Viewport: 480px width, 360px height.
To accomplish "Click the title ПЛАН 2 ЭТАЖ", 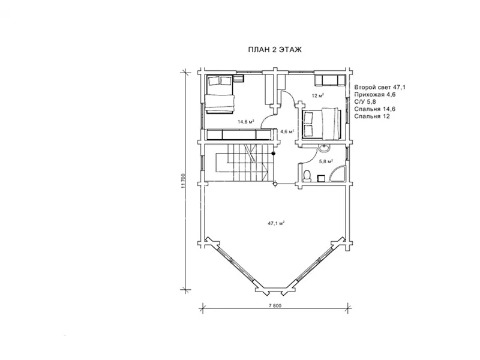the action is click(275, 50).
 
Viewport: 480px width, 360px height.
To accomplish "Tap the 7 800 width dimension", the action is click(275, 305).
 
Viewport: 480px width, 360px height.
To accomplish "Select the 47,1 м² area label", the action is click(277, 223).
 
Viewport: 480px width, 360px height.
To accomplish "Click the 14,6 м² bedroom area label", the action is click(246, 122).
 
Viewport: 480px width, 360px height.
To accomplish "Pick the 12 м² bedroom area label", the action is click(318, 95).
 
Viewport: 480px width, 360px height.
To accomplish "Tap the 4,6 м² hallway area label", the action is click(287, 131).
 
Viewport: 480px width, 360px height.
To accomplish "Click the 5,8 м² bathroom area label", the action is click(326, 161).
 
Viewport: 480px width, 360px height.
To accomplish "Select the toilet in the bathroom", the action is click(307, 175).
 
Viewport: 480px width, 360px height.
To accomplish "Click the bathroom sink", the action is click(323, 149).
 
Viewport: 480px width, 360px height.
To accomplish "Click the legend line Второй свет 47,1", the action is click(380, 87).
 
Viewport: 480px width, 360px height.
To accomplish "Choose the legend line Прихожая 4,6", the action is click(374, 95).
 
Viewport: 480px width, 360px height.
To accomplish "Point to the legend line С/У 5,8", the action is click(365, 102).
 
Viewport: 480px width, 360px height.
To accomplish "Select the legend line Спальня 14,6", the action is click(374, 109).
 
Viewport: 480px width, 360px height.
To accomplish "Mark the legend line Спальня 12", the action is click(372, 116).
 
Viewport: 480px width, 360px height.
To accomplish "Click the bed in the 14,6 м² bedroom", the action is click(220, 94).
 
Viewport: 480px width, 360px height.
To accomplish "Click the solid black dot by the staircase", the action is click(274, 153).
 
